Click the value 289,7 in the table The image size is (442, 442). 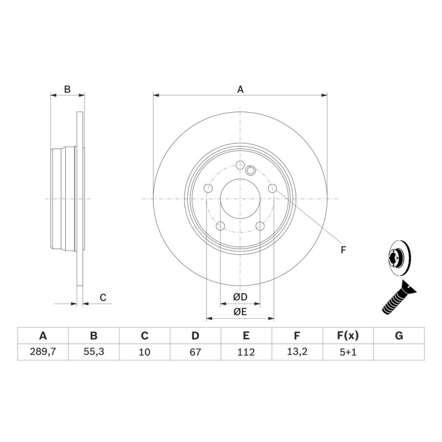(x=43, y=352)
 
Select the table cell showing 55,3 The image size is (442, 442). (x=93, y=352)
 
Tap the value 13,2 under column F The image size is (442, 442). (x=297, y=352)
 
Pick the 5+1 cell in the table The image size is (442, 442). (x=348, y=352)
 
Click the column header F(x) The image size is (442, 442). (x=348, y=336)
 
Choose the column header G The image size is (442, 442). (x=399, y=336)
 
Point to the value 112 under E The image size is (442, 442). (x=246, y=352)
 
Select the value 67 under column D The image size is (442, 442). (x=195, y=352)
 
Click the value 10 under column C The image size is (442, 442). (x=144, y=352)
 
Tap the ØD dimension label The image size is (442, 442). (x=240, y=297)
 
